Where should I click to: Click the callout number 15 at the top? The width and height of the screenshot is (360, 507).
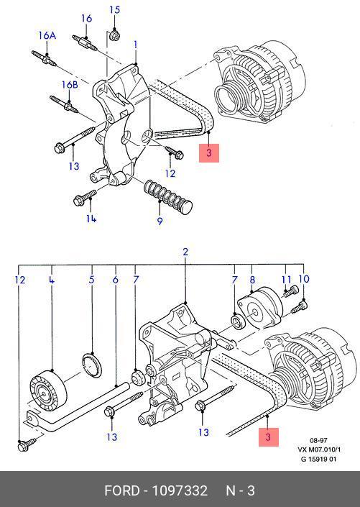coord(114,9)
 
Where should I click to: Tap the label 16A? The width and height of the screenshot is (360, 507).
coord(47,35)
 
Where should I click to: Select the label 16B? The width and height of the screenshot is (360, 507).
coord(70,85)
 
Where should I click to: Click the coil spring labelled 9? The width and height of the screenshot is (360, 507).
coord(167,196)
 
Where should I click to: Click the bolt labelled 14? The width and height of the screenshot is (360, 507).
coord(85,197)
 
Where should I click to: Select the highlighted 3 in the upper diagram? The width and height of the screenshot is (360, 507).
coord(209,153)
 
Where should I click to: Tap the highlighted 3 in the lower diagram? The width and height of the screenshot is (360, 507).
coord(268,437)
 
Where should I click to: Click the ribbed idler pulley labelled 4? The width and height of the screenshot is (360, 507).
coord(48,390)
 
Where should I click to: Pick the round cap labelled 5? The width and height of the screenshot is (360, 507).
coord(92,365)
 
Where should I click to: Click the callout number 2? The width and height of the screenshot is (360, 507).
coord(185,252)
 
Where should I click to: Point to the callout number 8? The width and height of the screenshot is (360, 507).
coord(252,280)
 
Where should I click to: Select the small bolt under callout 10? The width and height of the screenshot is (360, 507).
coord(299,307)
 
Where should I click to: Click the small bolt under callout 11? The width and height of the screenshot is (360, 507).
coord(290,291)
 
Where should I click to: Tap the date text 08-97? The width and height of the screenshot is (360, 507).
coord(318,440)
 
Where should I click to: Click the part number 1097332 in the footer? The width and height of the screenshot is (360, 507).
coord(180,491)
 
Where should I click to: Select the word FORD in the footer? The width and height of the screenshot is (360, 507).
coord(121,491)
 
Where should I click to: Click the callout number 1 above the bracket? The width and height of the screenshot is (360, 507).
coord(135,45)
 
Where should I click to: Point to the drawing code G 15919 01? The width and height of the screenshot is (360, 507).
coord(318,459)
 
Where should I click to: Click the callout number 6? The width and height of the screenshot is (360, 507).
coord(116,280)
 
